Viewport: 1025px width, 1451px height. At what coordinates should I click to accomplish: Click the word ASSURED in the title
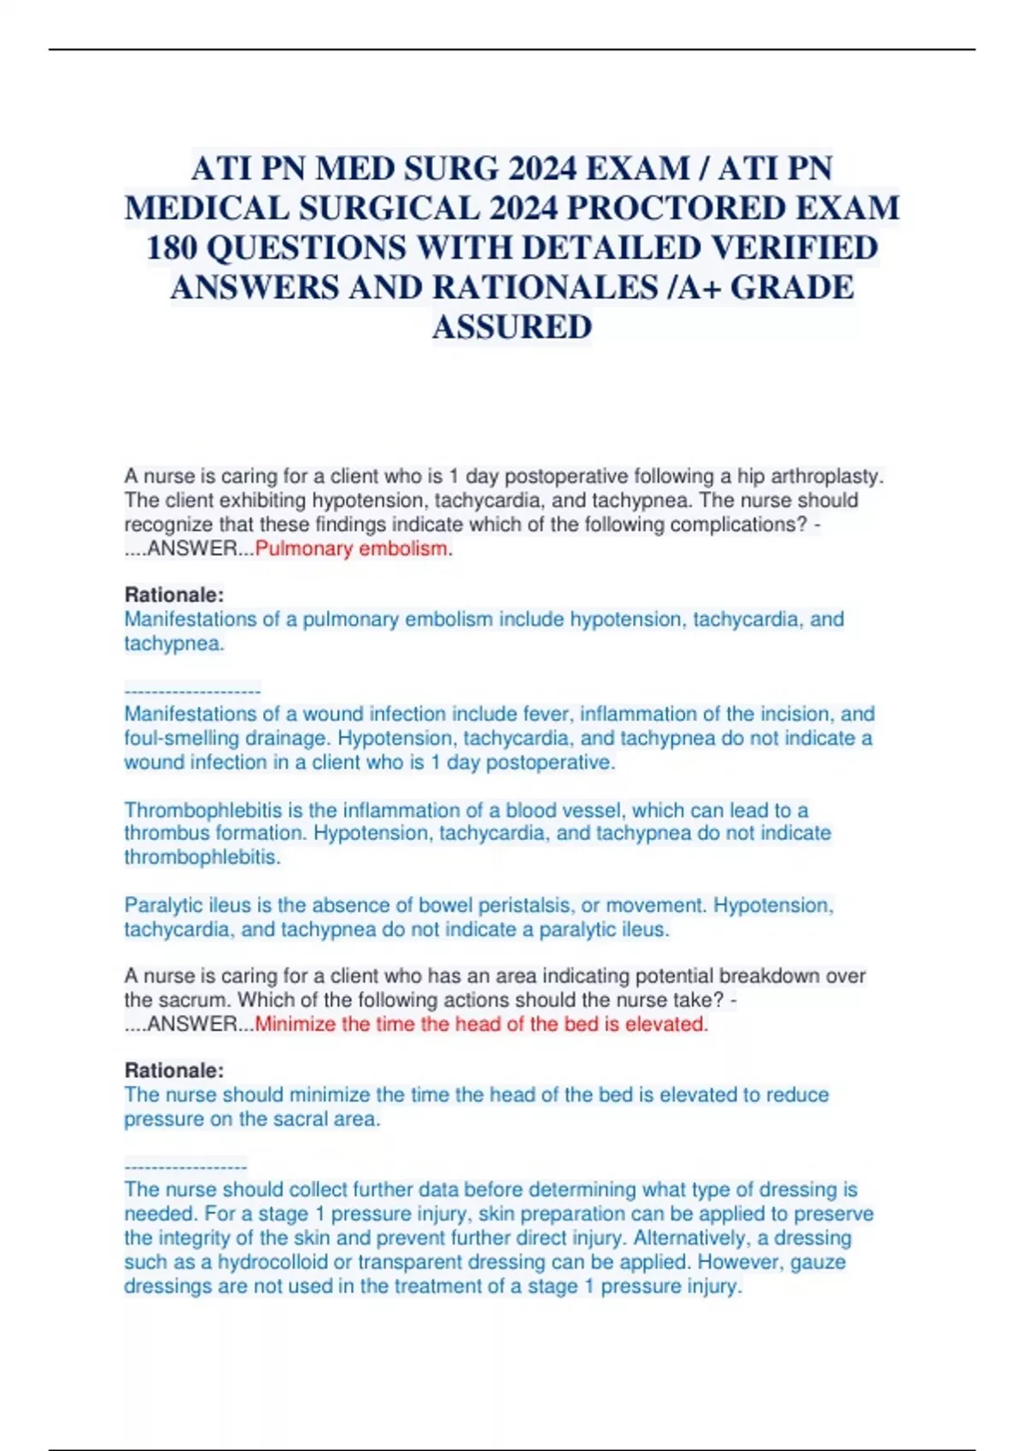pos(512,327)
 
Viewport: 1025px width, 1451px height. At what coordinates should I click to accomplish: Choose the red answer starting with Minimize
pos(481,1024)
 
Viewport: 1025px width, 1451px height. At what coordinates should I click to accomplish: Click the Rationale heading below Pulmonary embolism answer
pos(174,595)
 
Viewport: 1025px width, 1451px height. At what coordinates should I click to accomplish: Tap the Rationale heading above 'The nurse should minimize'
pos(174,1070)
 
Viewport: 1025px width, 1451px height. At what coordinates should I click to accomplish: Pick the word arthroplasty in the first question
pos(827,476)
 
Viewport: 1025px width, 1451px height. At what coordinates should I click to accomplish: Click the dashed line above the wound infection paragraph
pos(192,691)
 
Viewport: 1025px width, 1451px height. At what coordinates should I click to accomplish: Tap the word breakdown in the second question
pos(767,976)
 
